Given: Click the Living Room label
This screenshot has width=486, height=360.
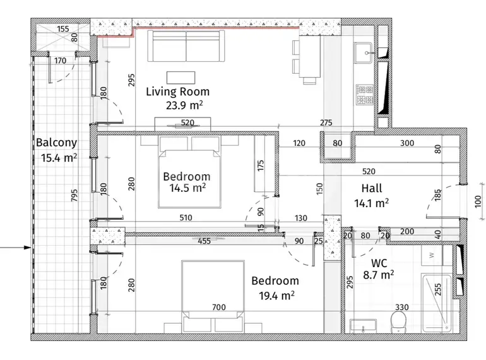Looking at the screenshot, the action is (x=177, y=92).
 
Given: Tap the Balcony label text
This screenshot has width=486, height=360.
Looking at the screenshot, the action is (x=56, y=143).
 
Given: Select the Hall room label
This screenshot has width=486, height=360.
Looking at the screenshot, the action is (x=372, y=188).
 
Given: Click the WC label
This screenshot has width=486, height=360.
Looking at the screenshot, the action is (x=379, y=263).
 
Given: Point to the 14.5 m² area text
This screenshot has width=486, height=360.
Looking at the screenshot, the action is (x=187, y=188).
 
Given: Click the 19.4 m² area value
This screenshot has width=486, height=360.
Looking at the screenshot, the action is (x=276, y=296).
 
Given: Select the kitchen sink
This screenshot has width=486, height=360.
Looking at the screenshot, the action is (x=363, y=52).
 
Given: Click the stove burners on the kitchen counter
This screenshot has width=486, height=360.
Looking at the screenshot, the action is (x=365, y=95).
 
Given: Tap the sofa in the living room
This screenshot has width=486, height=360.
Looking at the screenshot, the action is (x=186, y=46).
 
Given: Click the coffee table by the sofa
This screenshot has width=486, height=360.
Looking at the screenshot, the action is (x=181, y=78).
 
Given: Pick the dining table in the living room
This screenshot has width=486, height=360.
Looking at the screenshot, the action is (x=310, y=57).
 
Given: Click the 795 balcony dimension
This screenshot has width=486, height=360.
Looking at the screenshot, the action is (x=74, y=195).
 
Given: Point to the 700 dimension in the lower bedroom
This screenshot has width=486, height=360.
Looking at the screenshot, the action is (x=219, y=307).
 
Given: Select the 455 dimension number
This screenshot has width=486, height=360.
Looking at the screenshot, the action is (x=204, y=241).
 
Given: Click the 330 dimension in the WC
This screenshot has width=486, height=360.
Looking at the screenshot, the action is (x=401, y=307).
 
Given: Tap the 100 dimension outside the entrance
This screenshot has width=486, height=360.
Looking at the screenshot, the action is (x=478, y=201).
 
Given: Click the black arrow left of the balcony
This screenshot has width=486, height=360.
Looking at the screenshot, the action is (x=16, y=248).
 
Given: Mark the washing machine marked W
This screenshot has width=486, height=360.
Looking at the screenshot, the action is (x=432, y=255).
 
